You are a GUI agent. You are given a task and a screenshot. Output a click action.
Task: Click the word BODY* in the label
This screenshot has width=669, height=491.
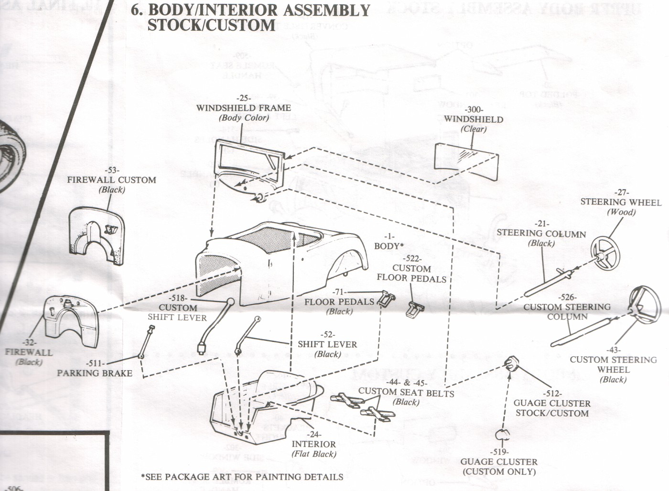pyautogui.click(x=388, y=246)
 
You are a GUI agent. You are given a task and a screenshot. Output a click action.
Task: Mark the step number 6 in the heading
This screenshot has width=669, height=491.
pyautogui.click(x=137, y=11)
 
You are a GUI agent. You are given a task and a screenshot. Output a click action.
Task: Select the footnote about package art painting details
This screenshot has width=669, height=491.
pyautogui.click(x=242, y=477)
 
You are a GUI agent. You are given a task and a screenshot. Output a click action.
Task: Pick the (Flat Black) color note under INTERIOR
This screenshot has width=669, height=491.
pyautogui.click(x=314, y=454)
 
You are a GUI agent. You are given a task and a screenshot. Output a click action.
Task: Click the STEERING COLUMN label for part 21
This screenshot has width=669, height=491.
pyautogui.click(x=541, y=234)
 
